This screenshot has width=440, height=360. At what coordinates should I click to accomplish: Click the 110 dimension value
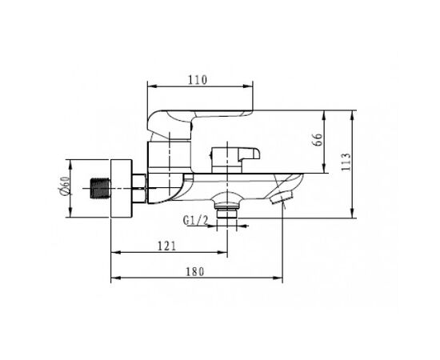click(x=198, y=80)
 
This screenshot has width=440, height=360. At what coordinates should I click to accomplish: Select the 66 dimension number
click(x=318, y=139)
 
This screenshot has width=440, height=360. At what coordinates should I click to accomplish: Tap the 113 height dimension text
click(x=346, y=162)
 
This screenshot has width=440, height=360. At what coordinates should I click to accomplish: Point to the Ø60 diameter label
click(x=64, y=186)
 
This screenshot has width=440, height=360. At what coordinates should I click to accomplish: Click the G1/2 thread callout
click(x=195, y=220)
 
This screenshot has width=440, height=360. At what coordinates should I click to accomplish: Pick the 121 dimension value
click(x=166, y=246)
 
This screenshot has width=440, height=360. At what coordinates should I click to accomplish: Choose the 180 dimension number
click(x=195, y=271)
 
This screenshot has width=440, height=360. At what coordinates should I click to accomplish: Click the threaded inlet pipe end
click(x=100, y=189)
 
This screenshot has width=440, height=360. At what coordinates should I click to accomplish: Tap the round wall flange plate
click(x=121, y=188)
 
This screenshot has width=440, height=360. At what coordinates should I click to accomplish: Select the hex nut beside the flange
click(x=138, y=188)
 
